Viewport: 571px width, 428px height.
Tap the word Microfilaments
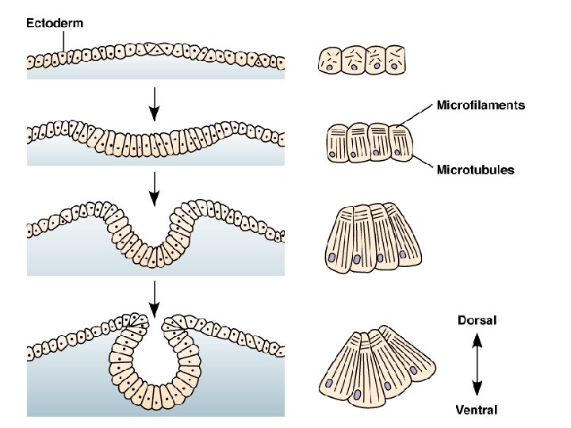(481, 105)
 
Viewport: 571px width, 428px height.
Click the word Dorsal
(477, 321)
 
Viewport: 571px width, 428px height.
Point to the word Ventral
(477, 410)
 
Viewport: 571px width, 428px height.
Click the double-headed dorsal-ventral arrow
(477, 365)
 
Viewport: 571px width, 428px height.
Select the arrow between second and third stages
(155, 185)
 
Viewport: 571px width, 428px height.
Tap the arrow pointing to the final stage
(155, 297)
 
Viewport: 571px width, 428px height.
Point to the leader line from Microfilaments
(414, 114)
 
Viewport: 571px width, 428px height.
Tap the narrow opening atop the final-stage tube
(155, 325)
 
